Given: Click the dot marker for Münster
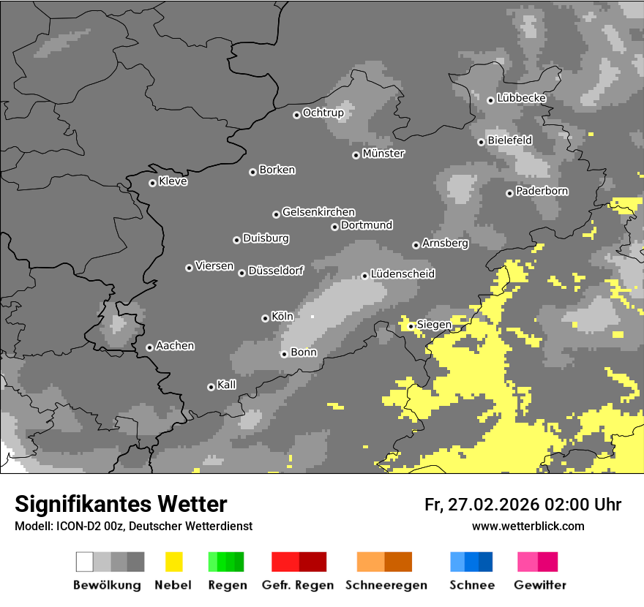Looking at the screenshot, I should [356, 155].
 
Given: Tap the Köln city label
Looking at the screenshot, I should [282, 317].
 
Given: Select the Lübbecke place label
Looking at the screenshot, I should [521, 98].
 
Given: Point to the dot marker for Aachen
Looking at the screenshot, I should [149, 347].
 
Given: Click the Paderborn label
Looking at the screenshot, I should [542, 192].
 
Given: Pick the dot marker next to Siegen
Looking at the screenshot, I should [411, 326].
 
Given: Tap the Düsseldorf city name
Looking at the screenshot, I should [276, 271].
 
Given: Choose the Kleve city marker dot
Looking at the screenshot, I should [152, 183].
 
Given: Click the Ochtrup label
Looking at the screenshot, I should [323, 113].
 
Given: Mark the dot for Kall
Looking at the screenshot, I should [211, 387].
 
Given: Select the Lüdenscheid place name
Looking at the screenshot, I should [402, 274].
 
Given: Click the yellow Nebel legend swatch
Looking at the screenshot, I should [173, 562].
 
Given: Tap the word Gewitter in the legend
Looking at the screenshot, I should [539, 585].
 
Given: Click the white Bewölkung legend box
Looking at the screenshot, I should [84, 562].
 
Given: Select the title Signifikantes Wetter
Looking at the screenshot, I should [121, 504].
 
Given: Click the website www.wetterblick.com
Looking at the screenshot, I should [528, 526].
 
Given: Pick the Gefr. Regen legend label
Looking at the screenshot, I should [298, 585].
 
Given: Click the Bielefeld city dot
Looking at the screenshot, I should [481, 142].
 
